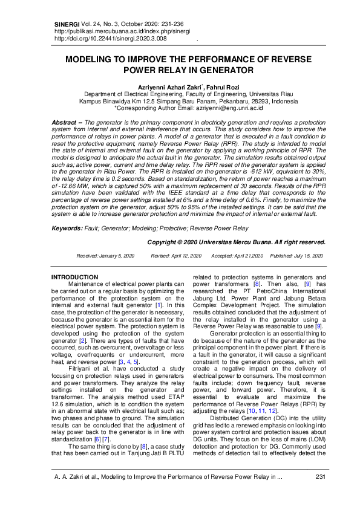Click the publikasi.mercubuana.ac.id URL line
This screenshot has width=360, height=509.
(x=122, y=30)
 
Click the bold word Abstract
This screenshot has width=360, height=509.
(x=63, y=122)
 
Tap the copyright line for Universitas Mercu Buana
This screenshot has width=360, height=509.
(x=237, y=242)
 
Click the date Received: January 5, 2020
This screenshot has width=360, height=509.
(x=105, y=256)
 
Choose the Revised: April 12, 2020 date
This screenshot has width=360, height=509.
(x=176, y=256)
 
